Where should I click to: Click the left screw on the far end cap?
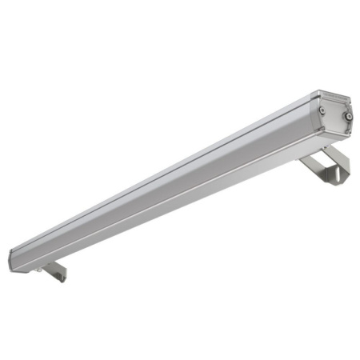tap(321, 110)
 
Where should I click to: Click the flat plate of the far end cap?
tap(335, 117)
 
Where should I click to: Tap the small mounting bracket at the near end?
tap(54, 271)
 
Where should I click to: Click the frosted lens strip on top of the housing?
tap(160, 172)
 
